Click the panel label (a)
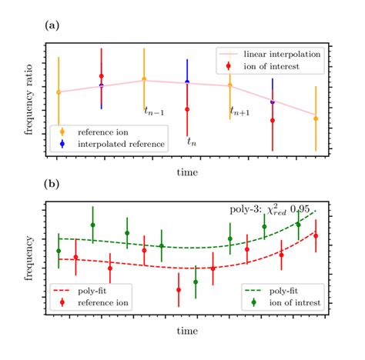52,25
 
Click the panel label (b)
52,185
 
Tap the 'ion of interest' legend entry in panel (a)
269,66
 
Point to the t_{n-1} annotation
154,112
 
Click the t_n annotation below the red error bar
193,141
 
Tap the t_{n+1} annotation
239,112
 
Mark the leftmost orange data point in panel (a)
59,92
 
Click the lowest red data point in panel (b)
179,290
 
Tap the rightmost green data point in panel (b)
299,225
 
